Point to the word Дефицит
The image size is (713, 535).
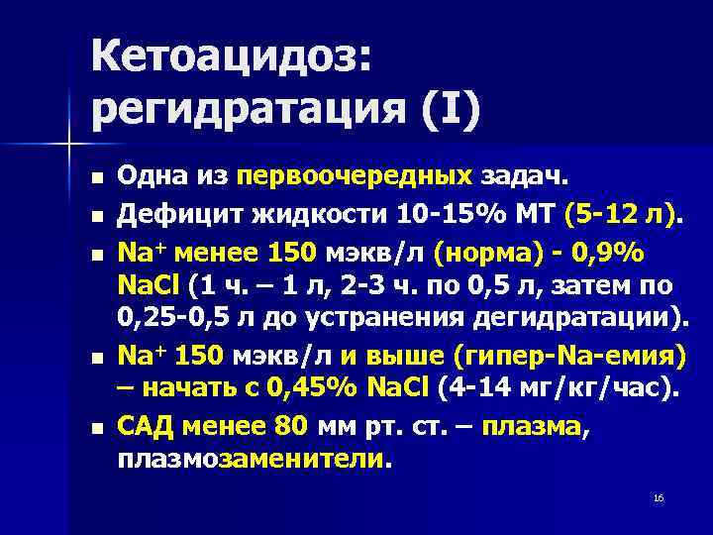coord(171,215)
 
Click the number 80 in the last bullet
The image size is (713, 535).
coord(293,427)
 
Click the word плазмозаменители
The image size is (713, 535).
coord(254,459)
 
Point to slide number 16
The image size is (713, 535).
coord(658,496)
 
